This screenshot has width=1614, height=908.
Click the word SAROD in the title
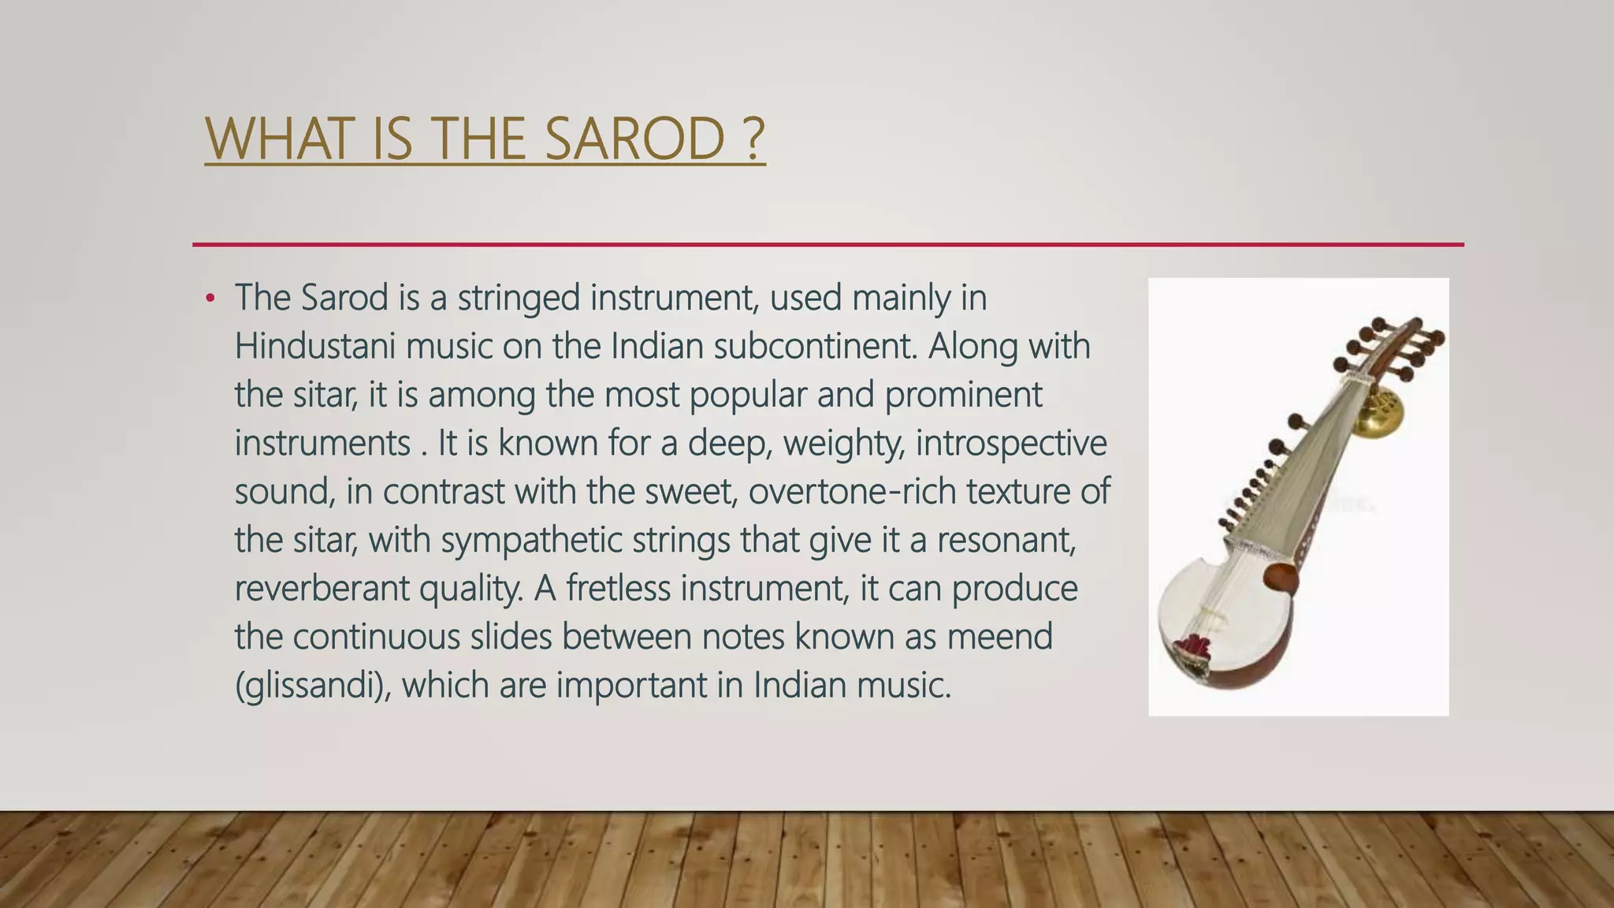click(634, 139)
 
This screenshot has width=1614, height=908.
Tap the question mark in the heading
click(753, 139)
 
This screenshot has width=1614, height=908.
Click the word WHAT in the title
click(277, 139)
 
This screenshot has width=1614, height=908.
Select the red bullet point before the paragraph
click(210, 299)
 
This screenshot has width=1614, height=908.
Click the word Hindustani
click(314, 346)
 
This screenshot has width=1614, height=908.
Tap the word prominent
click(963, 394)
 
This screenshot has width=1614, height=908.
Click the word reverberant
click(322, 589)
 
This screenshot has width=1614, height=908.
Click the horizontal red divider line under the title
click(827, 244)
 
